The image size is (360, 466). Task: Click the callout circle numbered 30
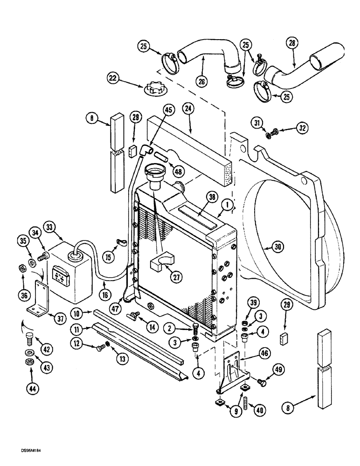(277, 248)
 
